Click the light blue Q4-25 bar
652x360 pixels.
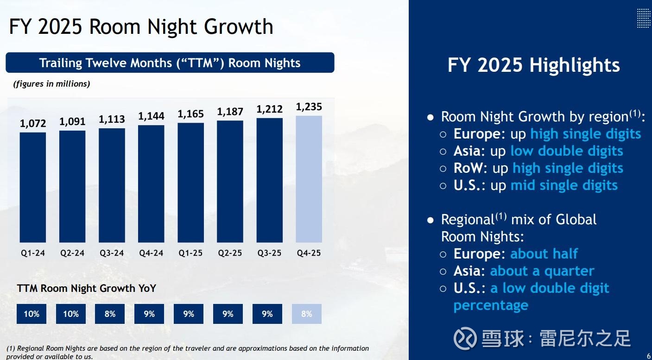[x=309, y=179]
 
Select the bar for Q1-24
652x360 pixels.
[x=33, y=187]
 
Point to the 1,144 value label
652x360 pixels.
[x=151, y=116]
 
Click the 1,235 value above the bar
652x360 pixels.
[x=309, y=107]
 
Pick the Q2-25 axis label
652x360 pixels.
[x=230, y=253]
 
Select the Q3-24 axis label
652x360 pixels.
[x=112, y=253]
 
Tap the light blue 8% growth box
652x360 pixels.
[x=307, y=314]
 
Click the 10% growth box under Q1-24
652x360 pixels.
[x=32, y=314]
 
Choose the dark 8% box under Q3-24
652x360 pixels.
[x=110, y=314]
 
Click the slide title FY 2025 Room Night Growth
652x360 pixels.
[x=141, y=27]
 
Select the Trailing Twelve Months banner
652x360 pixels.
[x=170, y=63]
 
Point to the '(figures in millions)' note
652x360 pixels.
[x=51, y=84]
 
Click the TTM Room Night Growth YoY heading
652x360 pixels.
[x=86, y=288]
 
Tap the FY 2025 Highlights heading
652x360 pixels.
[x=533, y=65]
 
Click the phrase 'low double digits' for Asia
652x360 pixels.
[x=566, y=151]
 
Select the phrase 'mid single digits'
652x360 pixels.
[x=563, y=185]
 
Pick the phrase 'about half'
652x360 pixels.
[x=544, y=253]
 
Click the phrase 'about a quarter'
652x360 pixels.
[x=542, y=271]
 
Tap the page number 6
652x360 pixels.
[x=648, y=356]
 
